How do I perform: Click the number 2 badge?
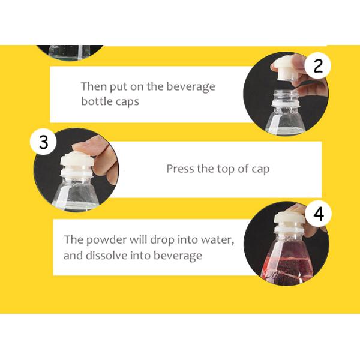click(318, 66)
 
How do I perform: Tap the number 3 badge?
click(43, 143)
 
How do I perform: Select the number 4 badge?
click(318, 214)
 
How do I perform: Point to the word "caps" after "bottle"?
click(127, 101)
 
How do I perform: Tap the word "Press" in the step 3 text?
click(180, 169)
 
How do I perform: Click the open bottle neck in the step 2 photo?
click(282, 98)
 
